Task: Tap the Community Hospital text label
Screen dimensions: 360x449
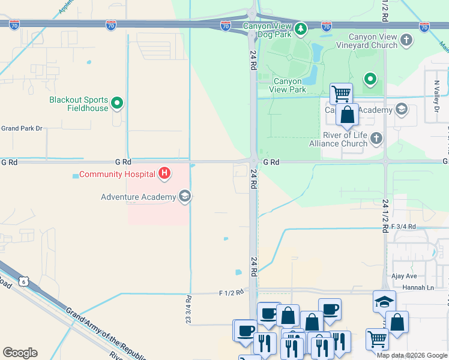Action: (117, 175)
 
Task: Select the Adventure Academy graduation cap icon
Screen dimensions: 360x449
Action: (185, 196)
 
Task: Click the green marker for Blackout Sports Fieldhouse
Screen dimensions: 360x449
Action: (118, 104)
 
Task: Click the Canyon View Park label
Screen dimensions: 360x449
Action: (290, 85)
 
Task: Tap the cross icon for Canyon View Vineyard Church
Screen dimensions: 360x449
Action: (407, 41)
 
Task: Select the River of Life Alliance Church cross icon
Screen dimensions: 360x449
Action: (376, 139)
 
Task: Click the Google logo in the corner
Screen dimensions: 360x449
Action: (20, 353)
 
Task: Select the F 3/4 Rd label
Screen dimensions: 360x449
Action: (403, 226)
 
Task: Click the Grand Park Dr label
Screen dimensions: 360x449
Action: (22, 128)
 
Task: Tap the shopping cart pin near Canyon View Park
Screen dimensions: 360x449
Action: (341, 93)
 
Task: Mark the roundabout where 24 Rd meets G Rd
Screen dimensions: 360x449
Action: (255, 161)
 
